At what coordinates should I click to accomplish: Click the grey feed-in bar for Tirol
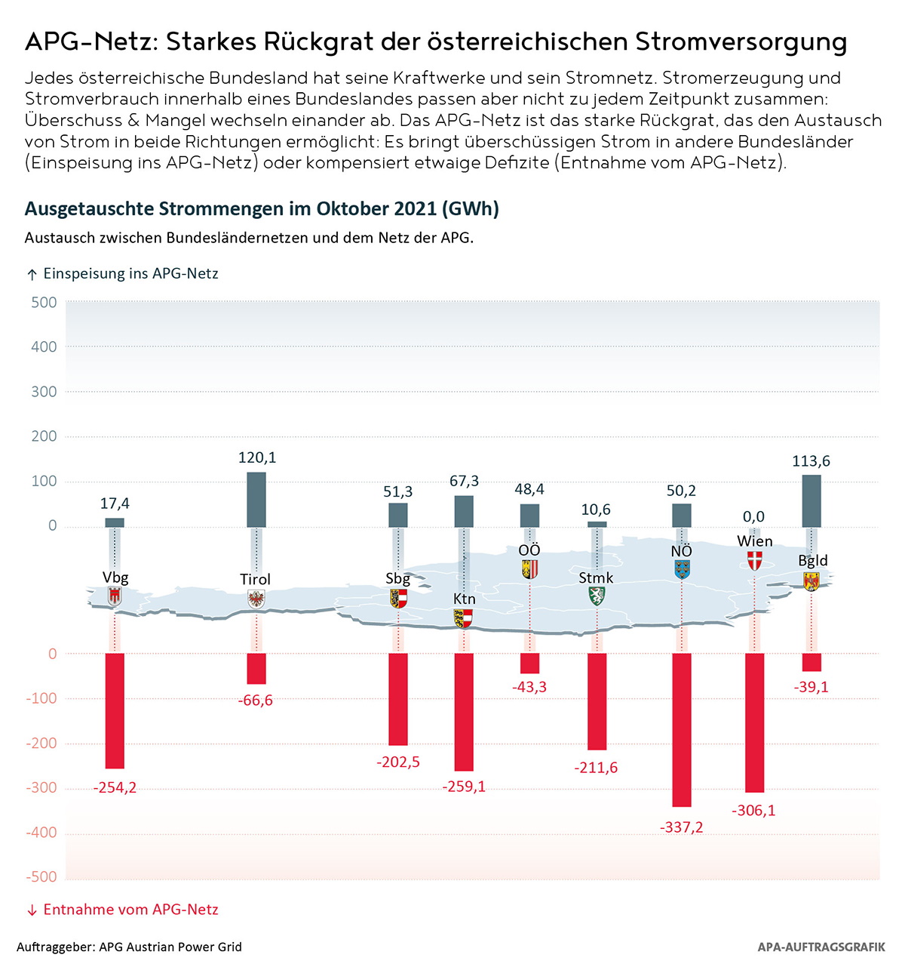pos(256,500)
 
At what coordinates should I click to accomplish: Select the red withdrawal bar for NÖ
pos(682,729)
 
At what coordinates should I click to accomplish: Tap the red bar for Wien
pos(754,722)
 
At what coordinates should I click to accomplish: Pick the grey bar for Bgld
pos(811,500)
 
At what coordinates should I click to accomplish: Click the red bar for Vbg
pos(115,710)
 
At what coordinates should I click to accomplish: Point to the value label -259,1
pos(464,787)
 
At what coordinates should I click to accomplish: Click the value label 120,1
pos(257,457)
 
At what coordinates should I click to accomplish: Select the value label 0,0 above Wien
pos(753,516)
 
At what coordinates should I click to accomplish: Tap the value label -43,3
pos(529,687)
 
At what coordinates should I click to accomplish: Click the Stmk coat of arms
pos(597,596)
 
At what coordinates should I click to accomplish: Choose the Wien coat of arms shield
pos(754,560)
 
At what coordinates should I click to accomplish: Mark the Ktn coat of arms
pos(464,618)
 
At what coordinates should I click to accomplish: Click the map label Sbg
pos(397,578)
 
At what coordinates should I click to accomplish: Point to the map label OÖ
pos(529,550)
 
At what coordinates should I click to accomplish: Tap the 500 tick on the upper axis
pos(44,303)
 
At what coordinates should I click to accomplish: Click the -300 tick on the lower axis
pos(41,788)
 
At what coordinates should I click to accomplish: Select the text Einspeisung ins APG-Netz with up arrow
pos(122,273)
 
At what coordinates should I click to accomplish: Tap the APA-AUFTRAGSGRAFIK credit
pos(821,947)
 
